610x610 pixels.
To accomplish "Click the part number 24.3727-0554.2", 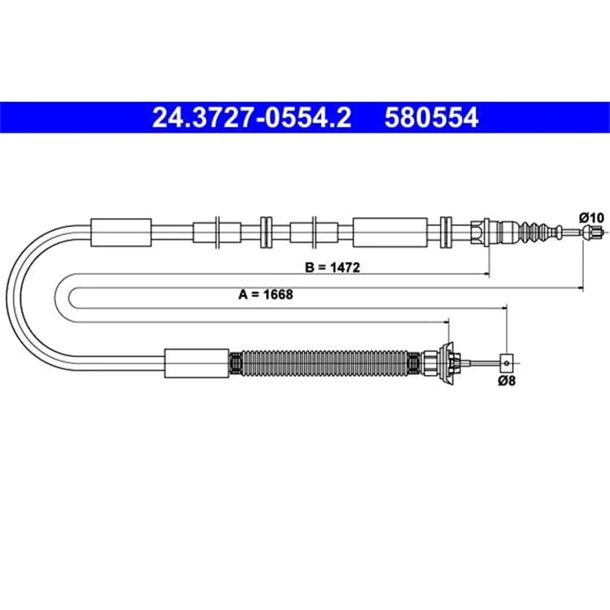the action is click(x=251, y=117).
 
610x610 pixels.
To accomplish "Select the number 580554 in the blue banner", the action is click(x=431, y=117).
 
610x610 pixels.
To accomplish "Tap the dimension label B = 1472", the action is click(x=333, y=268).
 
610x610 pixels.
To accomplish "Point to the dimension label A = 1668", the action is click(x=266, y=294).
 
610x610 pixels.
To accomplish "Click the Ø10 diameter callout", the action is click(x=591, y=217).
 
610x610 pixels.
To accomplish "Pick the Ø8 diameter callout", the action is click(x=507, y=381).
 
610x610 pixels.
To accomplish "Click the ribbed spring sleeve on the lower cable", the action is click(x=325, y=364).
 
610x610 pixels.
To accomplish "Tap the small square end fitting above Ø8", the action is click(x=507, y=364).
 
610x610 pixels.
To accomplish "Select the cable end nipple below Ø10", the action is click(x=593, y=233).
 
